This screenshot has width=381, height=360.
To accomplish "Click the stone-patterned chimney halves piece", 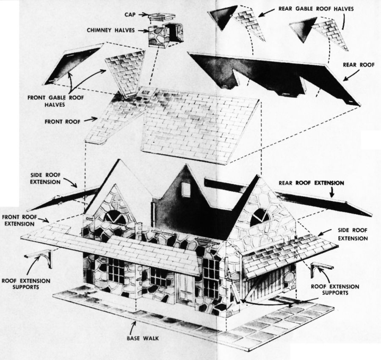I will click(x=166, y=34).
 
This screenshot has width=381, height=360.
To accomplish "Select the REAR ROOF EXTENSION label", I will click(x=311, y=183).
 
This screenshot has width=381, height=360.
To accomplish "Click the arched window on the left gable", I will click(x=115, y=217).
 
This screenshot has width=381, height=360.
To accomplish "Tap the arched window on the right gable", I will click(x=260, y=218).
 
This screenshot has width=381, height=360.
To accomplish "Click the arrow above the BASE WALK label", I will click(x=134, y=327).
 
